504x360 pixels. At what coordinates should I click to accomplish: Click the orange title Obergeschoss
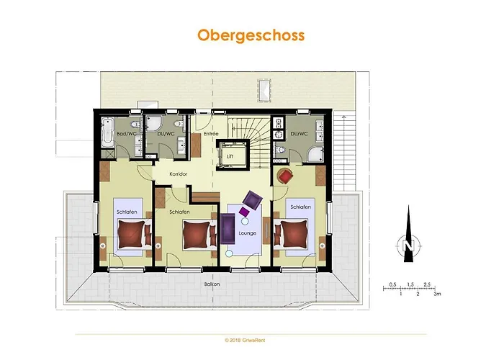[x=251, y=35]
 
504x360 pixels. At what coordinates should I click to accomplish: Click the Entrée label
[x=210, y=134]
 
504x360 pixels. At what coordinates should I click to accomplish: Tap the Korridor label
[x=178, y=174]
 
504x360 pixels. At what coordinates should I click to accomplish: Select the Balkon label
[x=212, y=284]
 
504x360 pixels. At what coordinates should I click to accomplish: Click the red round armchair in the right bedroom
[x=285, y=176]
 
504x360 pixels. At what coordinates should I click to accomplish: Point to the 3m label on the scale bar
[x=436, y=294]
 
